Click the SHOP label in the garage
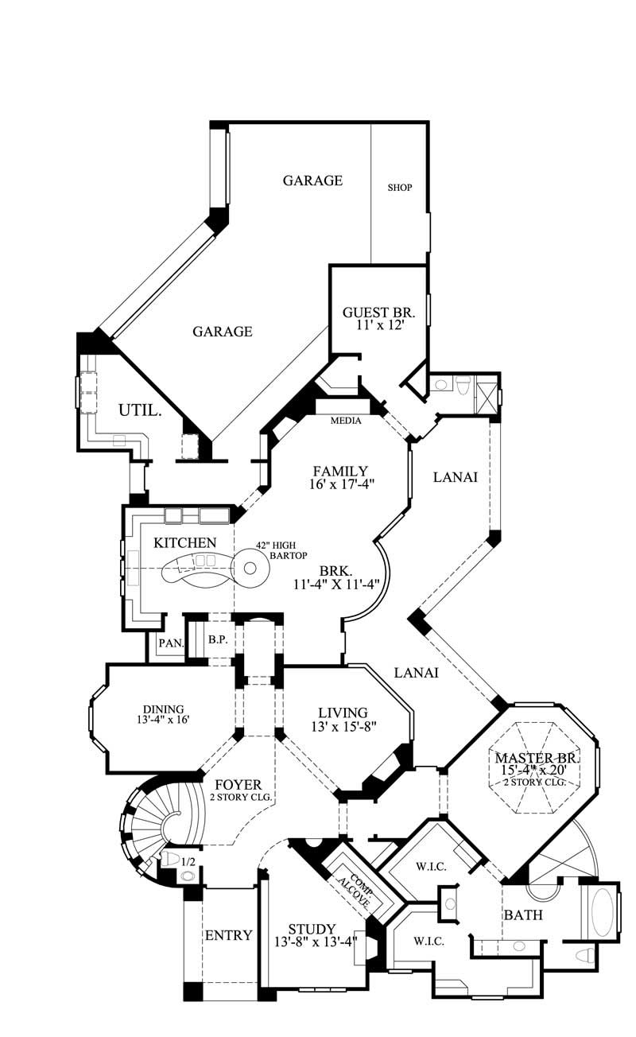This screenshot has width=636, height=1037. tap(399, 188)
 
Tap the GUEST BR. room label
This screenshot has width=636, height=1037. tap(378, 312)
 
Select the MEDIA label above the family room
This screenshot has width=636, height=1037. tap(346, 421)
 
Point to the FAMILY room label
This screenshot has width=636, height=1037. tap(339, 471)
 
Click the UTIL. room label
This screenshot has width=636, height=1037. tap(141, 411)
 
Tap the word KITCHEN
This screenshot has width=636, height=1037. tap(184, 542)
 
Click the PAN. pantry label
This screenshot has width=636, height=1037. tap(168, 643)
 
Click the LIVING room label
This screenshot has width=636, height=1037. tap(342, 713)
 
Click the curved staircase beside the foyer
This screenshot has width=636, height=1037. tap(151, 823)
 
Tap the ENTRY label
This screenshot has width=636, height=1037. tap(229, 935)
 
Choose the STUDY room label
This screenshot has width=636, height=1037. tap(311, 929)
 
